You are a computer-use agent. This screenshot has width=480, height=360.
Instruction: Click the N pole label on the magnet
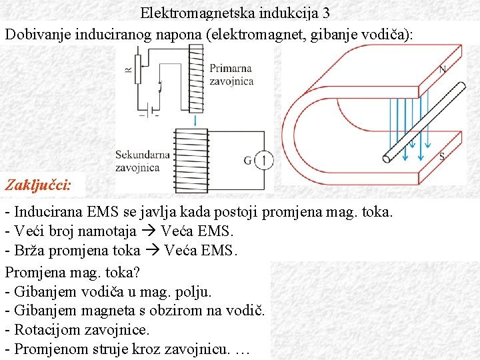click(443, 70)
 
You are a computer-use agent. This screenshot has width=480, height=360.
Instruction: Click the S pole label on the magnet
click(442, 157)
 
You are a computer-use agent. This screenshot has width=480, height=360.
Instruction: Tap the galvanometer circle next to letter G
click(264, 160)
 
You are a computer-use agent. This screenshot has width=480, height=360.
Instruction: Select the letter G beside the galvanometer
click(248, 161)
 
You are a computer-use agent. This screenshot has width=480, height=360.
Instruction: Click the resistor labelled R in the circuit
click(137, 69)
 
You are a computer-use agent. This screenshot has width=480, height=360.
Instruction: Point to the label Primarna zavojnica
click(231, 74)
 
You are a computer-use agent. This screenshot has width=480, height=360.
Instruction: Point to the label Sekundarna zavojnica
click(142, 161)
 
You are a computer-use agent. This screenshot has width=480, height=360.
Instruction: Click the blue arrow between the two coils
click(195, 120)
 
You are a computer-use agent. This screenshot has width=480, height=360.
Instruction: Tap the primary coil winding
click(195, 77)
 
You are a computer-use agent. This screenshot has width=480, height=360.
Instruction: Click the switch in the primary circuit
click(159, 85)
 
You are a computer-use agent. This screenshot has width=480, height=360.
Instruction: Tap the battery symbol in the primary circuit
click(149, 111)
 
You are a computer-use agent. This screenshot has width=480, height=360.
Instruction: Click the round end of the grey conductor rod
click(387, 159)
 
